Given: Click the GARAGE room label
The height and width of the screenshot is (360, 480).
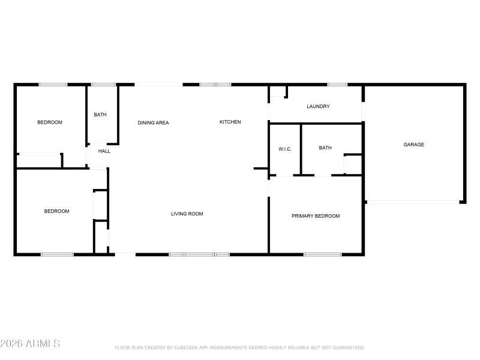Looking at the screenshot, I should coord(413,145).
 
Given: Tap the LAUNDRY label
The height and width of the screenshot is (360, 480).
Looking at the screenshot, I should coord(318,107).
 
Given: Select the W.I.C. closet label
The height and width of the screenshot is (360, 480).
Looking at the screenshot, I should coord(285,149).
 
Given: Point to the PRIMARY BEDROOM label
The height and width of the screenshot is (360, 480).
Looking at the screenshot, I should coord(316,216).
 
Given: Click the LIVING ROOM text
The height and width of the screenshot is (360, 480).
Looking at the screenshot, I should coord(187,214).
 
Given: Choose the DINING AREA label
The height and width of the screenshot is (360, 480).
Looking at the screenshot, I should coord(153,123).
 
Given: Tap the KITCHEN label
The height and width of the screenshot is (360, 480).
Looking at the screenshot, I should coord(230,122).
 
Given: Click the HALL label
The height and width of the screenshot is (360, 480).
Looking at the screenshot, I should coord(104,151).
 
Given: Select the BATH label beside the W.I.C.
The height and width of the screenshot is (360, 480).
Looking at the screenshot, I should coord(325,148).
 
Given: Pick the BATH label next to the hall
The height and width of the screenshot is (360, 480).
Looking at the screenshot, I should coord(100,115).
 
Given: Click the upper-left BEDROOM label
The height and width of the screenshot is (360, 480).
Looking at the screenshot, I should coord(50,122).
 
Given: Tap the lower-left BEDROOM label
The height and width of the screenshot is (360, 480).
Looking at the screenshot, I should coord(56,211).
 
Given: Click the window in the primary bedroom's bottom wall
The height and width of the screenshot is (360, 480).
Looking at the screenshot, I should coord(322,254).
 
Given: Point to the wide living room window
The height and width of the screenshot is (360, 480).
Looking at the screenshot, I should coord(199,254).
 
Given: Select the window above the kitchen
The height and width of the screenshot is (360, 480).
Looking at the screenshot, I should coord(215,85).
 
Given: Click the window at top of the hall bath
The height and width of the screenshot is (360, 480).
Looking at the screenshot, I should coord(103,85).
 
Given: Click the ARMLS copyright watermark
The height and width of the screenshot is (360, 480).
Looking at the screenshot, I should coord(30,344).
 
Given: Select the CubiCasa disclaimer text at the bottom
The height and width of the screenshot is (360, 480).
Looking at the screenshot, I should coord(239,347).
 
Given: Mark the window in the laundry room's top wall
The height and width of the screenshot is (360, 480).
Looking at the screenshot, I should coord(337,85).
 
